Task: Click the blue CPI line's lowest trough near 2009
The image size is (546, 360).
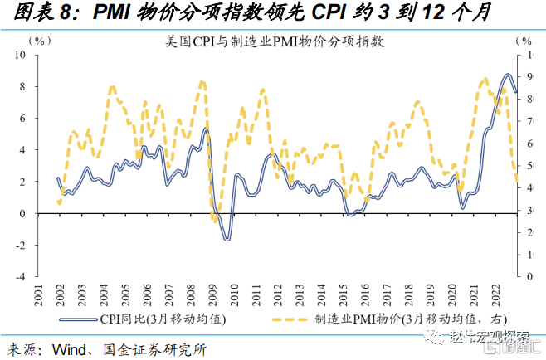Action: (x=227, y=239)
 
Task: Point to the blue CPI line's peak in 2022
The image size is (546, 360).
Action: (x=508, y=75)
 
